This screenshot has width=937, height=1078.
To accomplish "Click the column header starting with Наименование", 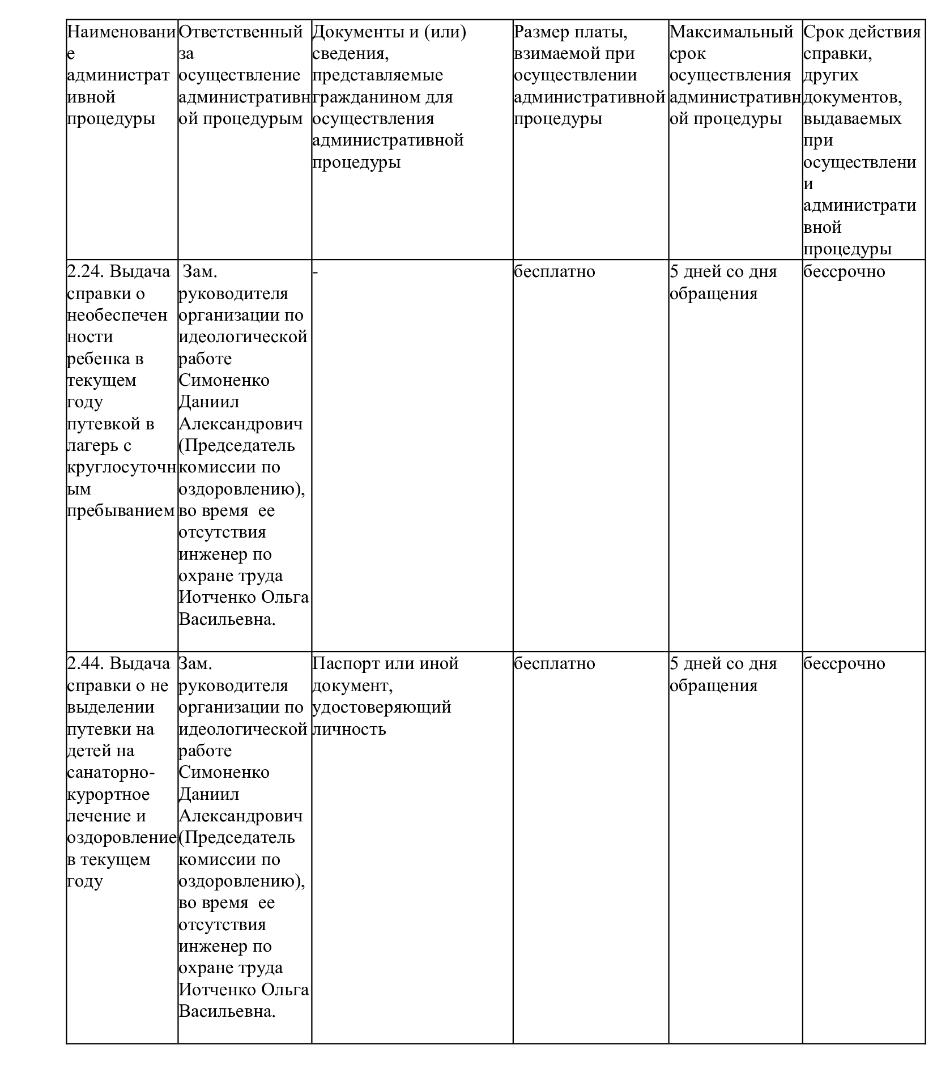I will click(x=121, y=32).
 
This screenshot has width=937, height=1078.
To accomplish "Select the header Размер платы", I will click(x=570, y=32).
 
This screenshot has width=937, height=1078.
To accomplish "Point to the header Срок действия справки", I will click(x=862, y=32).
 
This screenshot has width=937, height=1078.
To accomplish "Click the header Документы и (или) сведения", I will click(x=389, y=32).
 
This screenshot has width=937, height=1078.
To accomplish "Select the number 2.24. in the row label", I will click(x=85, y=272).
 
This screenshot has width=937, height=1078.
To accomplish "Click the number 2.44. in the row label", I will click(x=85, y=663).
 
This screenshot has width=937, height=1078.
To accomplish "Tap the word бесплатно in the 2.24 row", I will click(x=554, y=272).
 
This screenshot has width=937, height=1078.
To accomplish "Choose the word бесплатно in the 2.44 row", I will click(x=554, y=663).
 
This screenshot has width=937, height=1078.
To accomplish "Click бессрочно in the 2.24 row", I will click(x=844, y=272).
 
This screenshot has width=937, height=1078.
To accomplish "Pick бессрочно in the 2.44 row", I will click(x=844, y=663).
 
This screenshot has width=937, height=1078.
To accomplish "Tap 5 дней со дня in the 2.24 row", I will click(x=723, y=272).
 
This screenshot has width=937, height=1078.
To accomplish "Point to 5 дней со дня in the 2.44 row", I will click(x=723, y=663).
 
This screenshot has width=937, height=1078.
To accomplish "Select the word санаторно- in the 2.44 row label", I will click(x=111, y=773).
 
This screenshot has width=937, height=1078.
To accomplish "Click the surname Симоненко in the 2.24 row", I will click(x=224, y=380).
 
